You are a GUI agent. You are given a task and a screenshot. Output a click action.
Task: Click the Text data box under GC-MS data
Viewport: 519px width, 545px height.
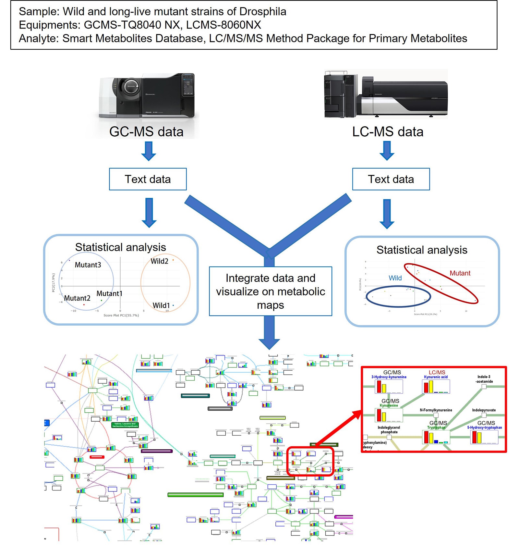pyautogui.click(x=148, y=179)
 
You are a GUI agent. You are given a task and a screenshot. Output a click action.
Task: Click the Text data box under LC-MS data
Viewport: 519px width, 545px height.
pyautogui.click(x=391, y=179)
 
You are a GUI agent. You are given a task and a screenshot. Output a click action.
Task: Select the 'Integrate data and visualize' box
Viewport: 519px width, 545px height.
pyautogui.click(x=270, y=291)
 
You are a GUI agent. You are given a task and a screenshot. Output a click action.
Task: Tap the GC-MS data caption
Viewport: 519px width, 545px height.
pyautogui.click(x=146, y=132)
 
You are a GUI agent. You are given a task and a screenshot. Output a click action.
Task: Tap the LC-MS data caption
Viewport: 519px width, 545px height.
pyautogui.click(x=388, y=132)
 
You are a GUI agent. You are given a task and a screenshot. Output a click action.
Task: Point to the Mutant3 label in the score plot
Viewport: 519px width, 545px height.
pyautogui.click(x=88, y=265)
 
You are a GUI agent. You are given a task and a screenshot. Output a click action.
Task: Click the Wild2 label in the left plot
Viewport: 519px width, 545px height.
pyautogui.click(x=159, y=261)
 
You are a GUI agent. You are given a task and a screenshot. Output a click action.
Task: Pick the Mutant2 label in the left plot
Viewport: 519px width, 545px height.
pyautogui.click(x=77, y=298)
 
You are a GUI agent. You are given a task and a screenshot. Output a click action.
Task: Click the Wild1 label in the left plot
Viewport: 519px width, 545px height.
pyautogui.click(x=161, y=305)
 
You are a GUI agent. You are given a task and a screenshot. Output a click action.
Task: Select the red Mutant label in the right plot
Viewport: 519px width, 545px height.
pyautogui.click(x=460, y=273)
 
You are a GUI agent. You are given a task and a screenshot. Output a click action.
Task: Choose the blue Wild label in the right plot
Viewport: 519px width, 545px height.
pyautogui.click(x=395, y=278)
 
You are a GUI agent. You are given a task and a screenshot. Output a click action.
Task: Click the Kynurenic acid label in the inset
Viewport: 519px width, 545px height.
pyautogui.click(x=436, y=377)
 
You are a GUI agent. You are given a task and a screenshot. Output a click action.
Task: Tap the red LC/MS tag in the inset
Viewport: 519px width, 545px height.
pyautogui.click(x=437, y=372)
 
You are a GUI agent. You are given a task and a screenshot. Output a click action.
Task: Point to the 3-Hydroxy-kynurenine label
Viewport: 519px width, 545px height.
pyautogui.click(x=389, y=377)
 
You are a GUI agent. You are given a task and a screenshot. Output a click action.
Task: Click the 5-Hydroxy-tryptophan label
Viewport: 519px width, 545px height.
pyautogui.click(x=484, y=427)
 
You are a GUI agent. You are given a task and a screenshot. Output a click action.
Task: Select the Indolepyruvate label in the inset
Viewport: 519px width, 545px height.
pyautogui.click(x=484, y=410)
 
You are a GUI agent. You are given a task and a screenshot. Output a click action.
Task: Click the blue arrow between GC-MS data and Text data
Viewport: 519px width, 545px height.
pyautogui.click(x=149, y=152)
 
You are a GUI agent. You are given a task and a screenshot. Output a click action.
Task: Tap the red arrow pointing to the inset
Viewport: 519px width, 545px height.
pyautogui.click(x=339, y=428)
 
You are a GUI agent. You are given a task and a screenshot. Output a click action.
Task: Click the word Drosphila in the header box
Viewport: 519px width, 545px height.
pyautogui.click(x=263, y=12)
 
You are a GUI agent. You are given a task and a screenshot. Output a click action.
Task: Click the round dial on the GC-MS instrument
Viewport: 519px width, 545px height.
pyautogui.click(x=130, y=87)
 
